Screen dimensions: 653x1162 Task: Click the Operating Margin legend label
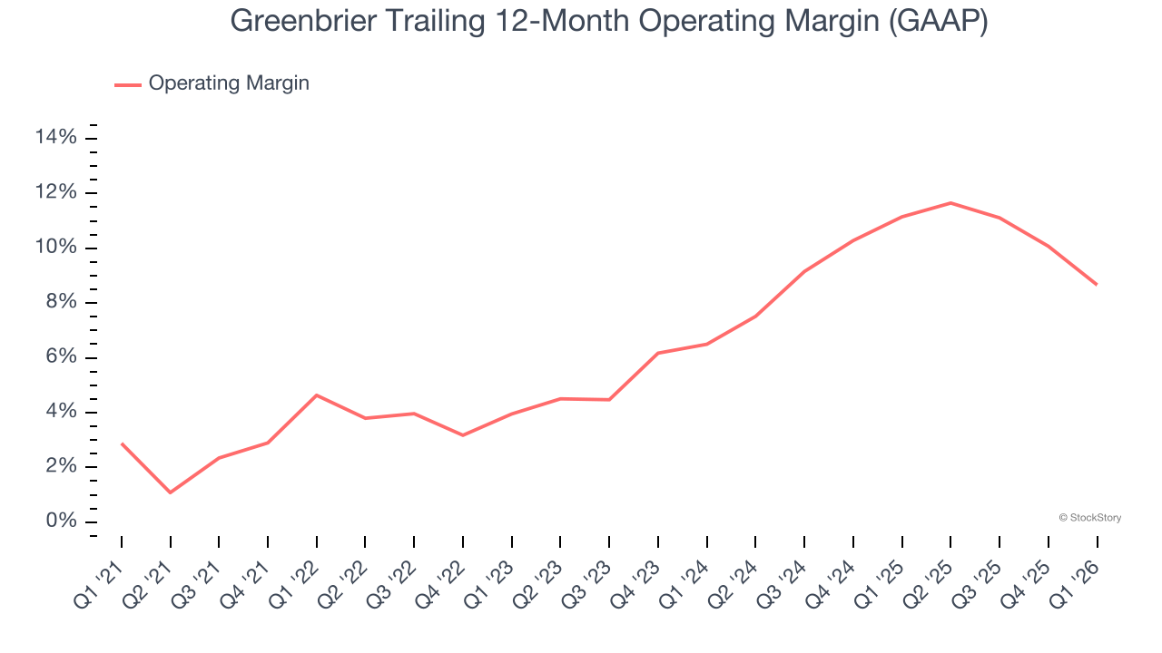tap(229, 83)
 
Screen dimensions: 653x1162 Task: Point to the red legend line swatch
tap(128, 84)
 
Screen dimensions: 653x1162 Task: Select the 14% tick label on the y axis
tap(55, 138)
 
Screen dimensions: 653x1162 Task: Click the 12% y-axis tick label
tap(55, 193)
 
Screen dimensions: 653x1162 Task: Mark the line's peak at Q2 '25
tap(950, 202)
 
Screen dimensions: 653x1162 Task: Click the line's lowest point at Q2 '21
tap(171, 492)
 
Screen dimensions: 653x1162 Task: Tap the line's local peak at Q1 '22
tap(317, 395)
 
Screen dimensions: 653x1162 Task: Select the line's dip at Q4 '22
tap(463, 435)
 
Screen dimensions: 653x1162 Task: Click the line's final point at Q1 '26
tap(1097, 285)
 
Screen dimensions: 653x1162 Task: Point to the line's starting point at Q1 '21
tap(122, 443)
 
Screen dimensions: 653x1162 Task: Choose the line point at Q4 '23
tap(658, 353)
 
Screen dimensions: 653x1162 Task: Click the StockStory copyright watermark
tap(1089, 518)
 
